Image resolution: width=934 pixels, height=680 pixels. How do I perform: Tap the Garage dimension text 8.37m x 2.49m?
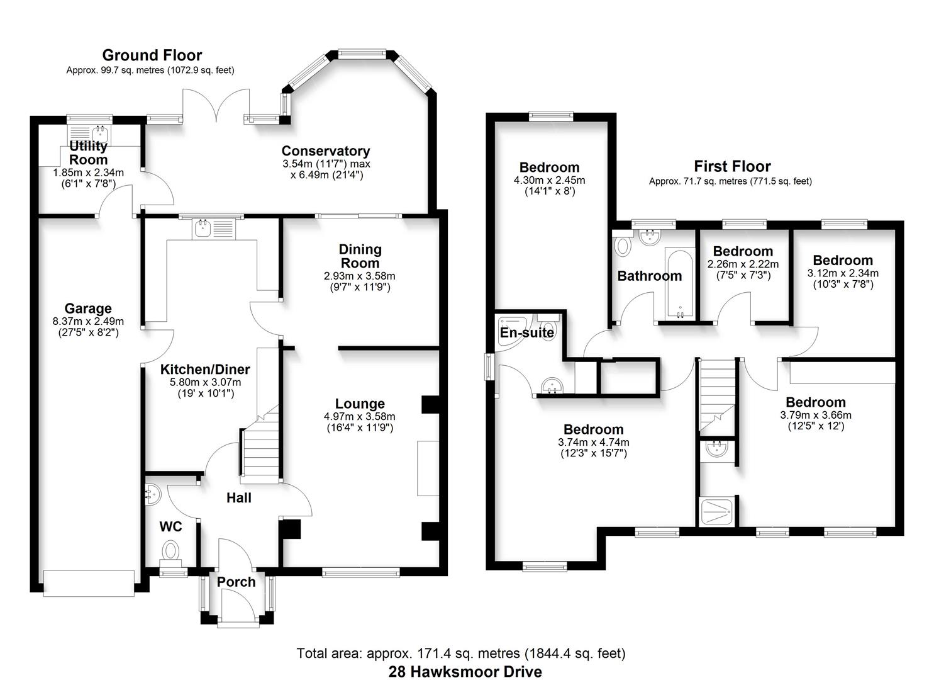(x=88, y=321)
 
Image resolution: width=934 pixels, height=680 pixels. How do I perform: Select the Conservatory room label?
(x=325, y=151)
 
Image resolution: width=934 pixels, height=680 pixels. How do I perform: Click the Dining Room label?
(x=360, y=256)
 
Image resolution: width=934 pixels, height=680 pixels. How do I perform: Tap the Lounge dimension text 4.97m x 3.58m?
(x=360, y=416)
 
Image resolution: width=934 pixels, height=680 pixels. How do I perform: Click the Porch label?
(x=236, y=582)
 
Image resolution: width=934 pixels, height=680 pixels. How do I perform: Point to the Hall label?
(x=238, y=498)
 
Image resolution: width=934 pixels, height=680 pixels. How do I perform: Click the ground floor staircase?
(x=259, y=448)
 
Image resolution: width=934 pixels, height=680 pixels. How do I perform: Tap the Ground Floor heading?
(x=152, y=55)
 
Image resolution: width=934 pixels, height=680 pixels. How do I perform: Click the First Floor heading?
(x=732, y=166)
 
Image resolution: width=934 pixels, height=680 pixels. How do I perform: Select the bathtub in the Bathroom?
(x=679, y=285)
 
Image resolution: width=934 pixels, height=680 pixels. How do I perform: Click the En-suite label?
(x=526, y=332)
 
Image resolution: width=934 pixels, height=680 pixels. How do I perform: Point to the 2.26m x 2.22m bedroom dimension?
(x=743, y=264)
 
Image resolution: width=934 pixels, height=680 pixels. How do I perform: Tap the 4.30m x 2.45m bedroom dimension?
(x=549, y=180)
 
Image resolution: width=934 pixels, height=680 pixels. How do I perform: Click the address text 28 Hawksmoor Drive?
(x=465, y=671)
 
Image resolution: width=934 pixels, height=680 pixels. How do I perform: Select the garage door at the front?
(x=89, y=582)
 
